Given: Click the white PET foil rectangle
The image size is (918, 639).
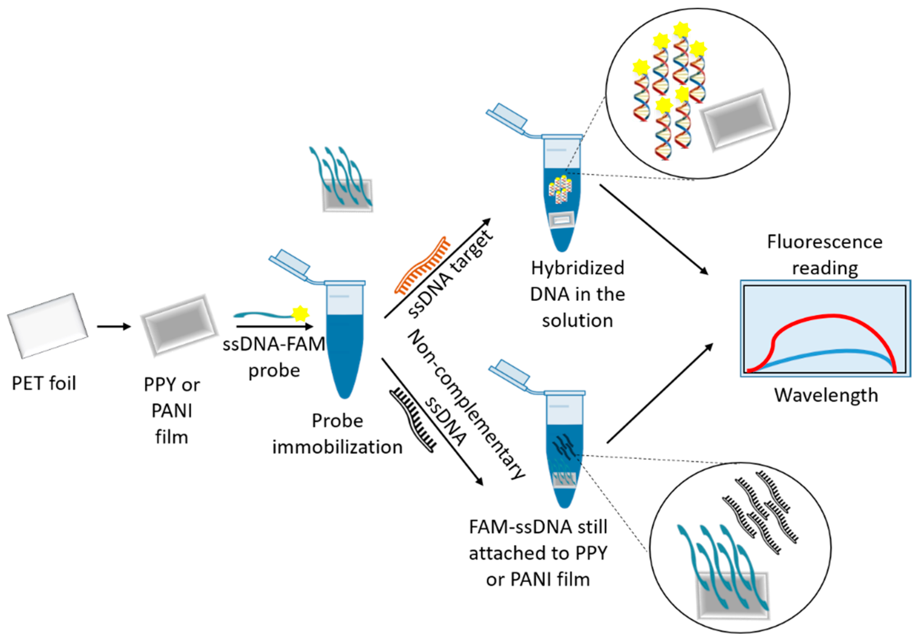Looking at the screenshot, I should [x=47, y=325].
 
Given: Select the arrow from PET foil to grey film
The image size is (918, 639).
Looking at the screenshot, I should [x=114, y=326].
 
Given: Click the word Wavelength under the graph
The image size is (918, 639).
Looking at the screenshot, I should [x=826, y=395].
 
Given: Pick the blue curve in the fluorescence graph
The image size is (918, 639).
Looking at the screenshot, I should [x=840, y=352].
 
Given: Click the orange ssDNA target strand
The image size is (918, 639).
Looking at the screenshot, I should [x=422, y=265].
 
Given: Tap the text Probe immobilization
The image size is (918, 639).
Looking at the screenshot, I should [x=337, y=434].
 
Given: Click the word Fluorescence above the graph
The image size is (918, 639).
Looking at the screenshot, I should [x=824, y=242].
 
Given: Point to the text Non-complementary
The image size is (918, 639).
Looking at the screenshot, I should [x=466, y=404].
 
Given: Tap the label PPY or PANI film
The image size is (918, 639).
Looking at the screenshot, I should [x=172, y=411].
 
